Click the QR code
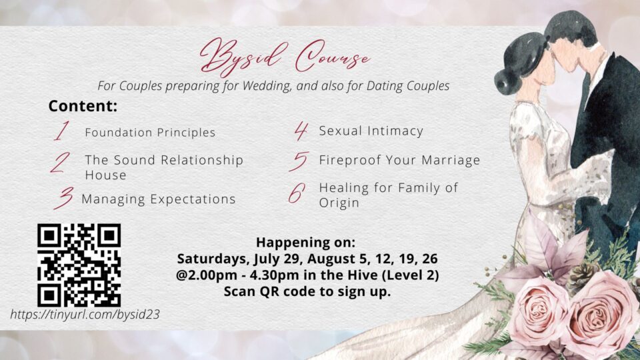pyautogui.click(x=79, y=265)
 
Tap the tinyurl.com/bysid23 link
pyautogui.click(x=85, y=314)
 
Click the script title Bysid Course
pyautogui.click(x=285, y=57)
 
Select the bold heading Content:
pyautogui.click(x=83, y=106)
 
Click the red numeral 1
pyautogui.click(x=61, y=131)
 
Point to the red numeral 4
pyautogui.click(x=301, y=131)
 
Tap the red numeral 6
pyautogui.click(x=297, y=193)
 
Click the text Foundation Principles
pyautogui.click(x=150, y=132)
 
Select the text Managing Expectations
pyautogui.click(x=159, y=199)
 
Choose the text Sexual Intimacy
pyautogui.click(x=371, y=131)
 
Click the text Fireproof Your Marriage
pyautogui.click(x=399, y=160)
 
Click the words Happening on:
pyautogui.click(x=306, y=243)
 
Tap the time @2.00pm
pyautogui.click(x=206, y=275)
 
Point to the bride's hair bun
pyautogui.click(x=507, y=81)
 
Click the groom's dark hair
pyautogui.click(x=570, y=27)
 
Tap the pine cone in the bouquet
pyautogui.click(x=581, y=275)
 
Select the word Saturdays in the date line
pyautogui.click(x=213, y=259)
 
